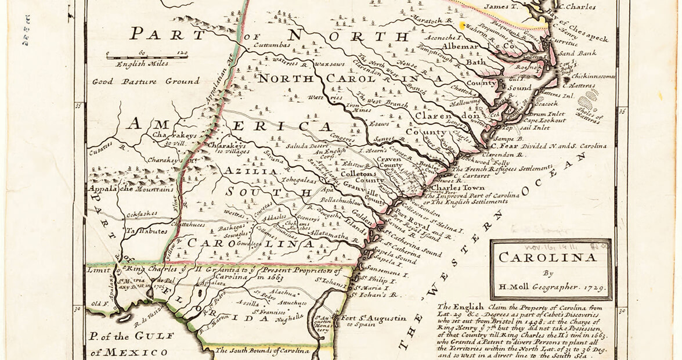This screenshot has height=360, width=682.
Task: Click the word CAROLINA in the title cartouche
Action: pos(550,257)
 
